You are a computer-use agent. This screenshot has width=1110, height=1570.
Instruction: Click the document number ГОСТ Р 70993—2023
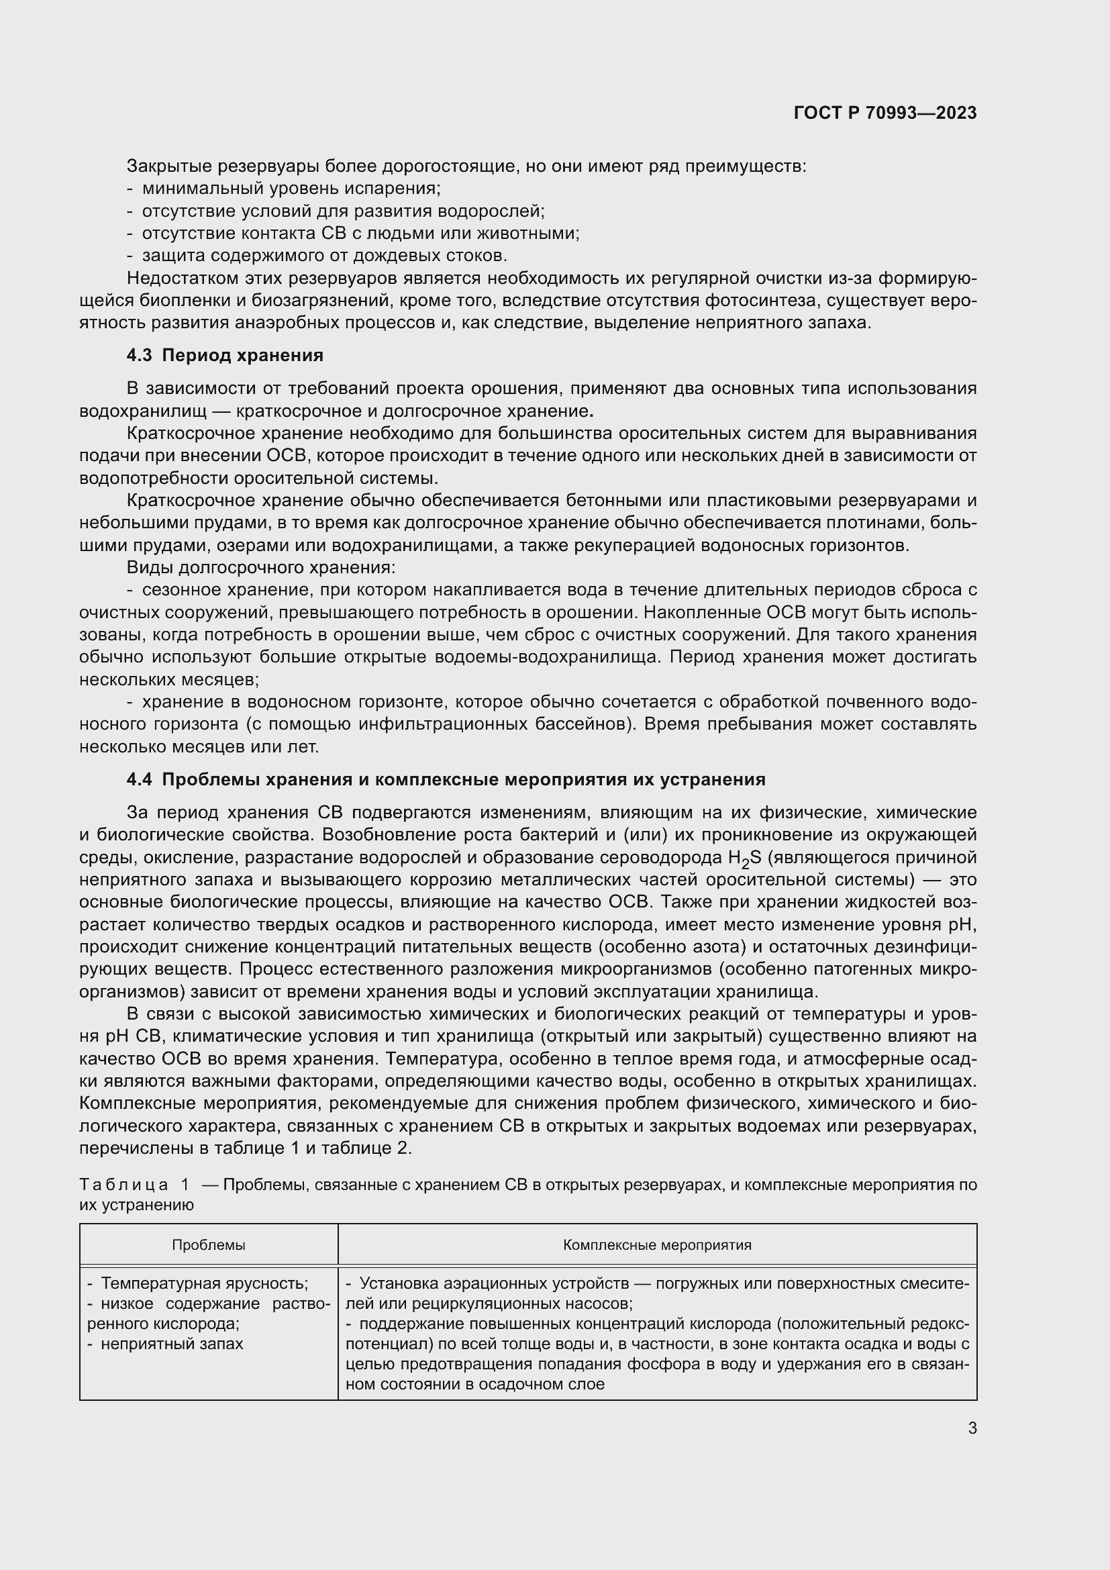point(885,113)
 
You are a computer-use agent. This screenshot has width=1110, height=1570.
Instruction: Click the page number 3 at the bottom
point(972,1428)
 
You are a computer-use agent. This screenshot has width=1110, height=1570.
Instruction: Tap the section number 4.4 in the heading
point(140,779)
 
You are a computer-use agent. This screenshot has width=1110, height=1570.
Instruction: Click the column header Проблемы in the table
point(209,1245)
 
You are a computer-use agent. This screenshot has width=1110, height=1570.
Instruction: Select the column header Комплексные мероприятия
point(657,1245)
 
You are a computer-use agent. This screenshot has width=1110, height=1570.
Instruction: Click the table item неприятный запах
point(171,1344)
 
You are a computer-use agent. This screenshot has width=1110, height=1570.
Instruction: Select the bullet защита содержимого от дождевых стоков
point(324,256)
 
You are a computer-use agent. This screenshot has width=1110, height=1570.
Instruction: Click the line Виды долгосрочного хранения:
point(261,568)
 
